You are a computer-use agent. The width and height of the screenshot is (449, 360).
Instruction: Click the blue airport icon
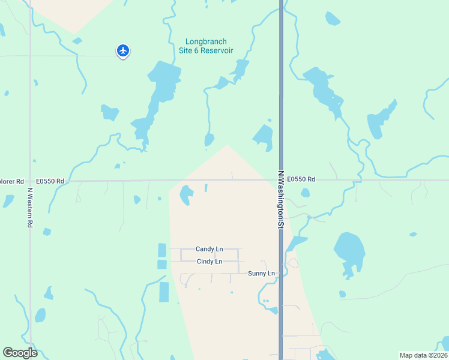click(123, 50)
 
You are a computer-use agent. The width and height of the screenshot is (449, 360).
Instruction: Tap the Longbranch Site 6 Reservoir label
click(209, 46)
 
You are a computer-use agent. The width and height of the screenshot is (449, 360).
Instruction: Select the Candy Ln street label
click(209, 249)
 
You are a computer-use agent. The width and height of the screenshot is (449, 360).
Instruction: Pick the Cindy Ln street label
click(209, 262)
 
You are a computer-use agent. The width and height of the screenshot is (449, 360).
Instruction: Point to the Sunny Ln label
click(261, 274)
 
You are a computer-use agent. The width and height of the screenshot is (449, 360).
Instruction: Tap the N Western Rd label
click(29, 208)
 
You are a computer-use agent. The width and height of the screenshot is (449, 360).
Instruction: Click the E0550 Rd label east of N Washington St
click(301, 179)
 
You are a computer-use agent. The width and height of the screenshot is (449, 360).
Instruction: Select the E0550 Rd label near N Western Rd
click(50, 181)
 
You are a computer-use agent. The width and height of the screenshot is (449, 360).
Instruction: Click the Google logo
click(20, 353)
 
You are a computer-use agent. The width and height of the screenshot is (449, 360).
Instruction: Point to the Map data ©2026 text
click(423, 355)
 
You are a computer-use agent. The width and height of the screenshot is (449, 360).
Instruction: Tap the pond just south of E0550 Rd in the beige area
click(187, 193)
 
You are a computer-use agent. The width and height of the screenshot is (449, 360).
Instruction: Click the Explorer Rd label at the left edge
click(11, 181)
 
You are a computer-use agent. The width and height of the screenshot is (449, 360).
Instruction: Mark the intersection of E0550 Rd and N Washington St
click(281, 179)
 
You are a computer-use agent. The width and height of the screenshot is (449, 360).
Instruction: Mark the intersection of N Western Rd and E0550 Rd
click(29, 180)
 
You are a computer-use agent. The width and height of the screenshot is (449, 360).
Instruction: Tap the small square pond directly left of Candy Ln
click(161, 250)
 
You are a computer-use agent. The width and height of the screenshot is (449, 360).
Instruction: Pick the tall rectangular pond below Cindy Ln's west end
click(164, 292)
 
